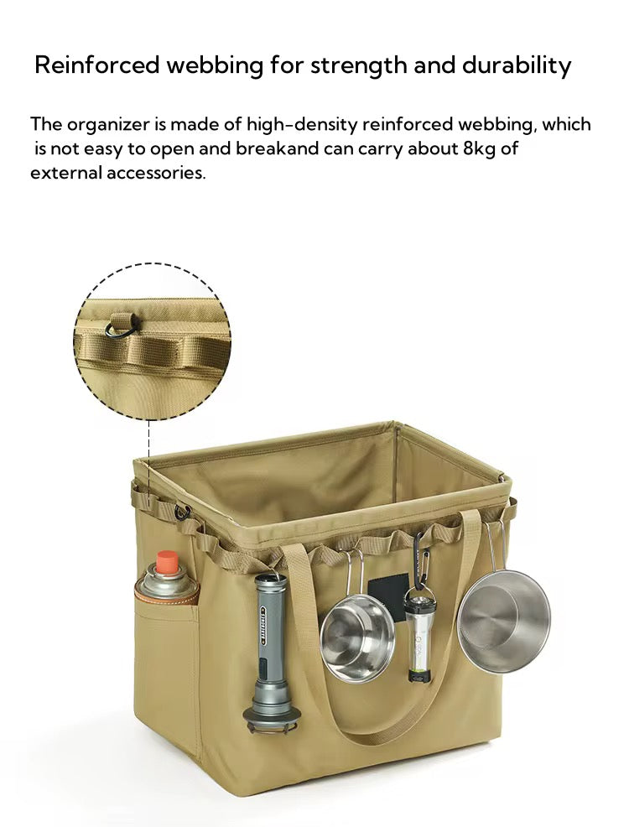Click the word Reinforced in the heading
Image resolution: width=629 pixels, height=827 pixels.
click(96, 65)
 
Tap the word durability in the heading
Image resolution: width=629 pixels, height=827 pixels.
click(516, 66)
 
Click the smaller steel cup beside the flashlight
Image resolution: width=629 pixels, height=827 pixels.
click(357, 637)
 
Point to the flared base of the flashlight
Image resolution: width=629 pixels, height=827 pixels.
click(272, 718)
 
